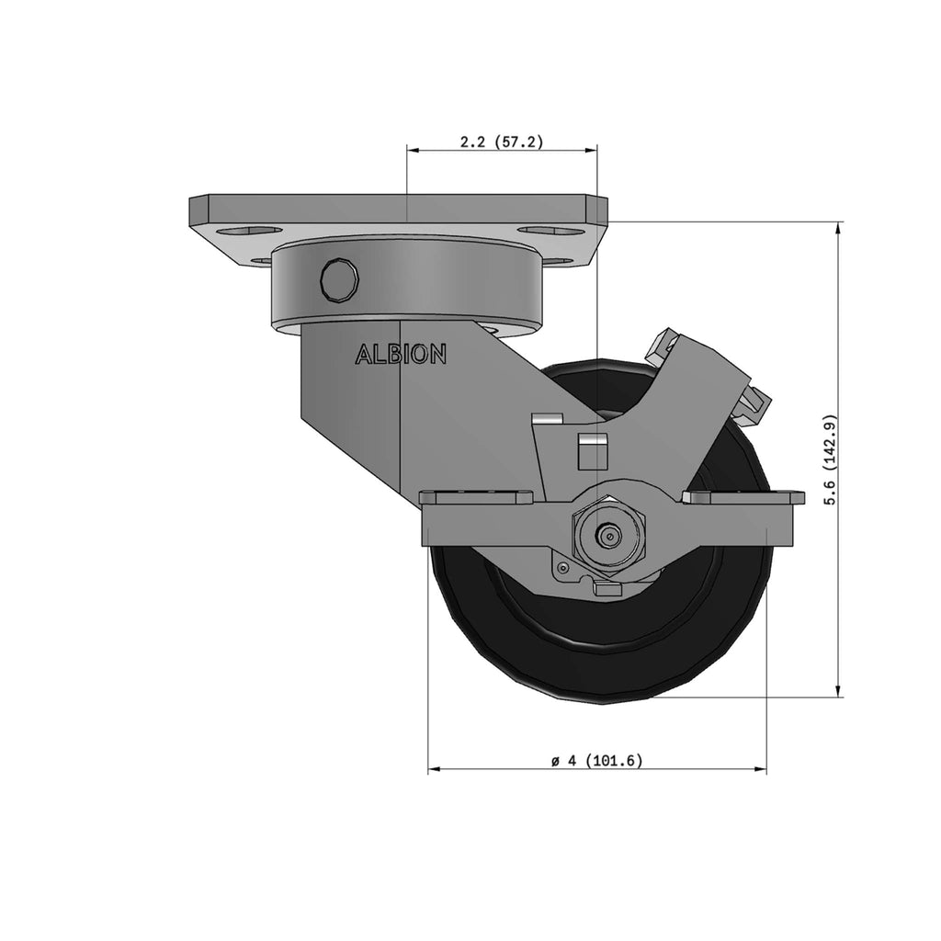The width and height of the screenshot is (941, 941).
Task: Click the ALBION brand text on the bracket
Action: pos(401,354)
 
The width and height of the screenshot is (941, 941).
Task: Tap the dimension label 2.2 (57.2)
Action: pos(502,142)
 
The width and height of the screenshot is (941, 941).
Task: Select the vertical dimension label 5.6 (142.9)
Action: pos(830,460)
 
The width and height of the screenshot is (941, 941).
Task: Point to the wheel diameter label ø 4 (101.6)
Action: pos(597,761)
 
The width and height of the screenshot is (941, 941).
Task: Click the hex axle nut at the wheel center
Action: pos(608,535)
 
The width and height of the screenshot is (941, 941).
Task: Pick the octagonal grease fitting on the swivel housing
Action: pos(340,278)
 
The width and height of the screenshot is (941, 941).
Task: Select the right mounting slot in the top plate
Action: pos(551,231)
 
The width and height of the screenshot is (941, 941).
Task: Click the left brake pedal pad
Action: pos(477,497)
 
